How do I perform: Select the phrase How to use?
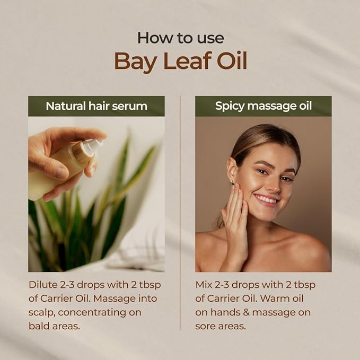pyautogui.click(x=180, y=38)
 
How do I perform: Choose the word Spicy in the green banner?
pyautogui.click(x=230, y=106)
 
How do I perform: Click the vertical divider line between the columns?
pyautogui.click(x=180, y=212)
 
